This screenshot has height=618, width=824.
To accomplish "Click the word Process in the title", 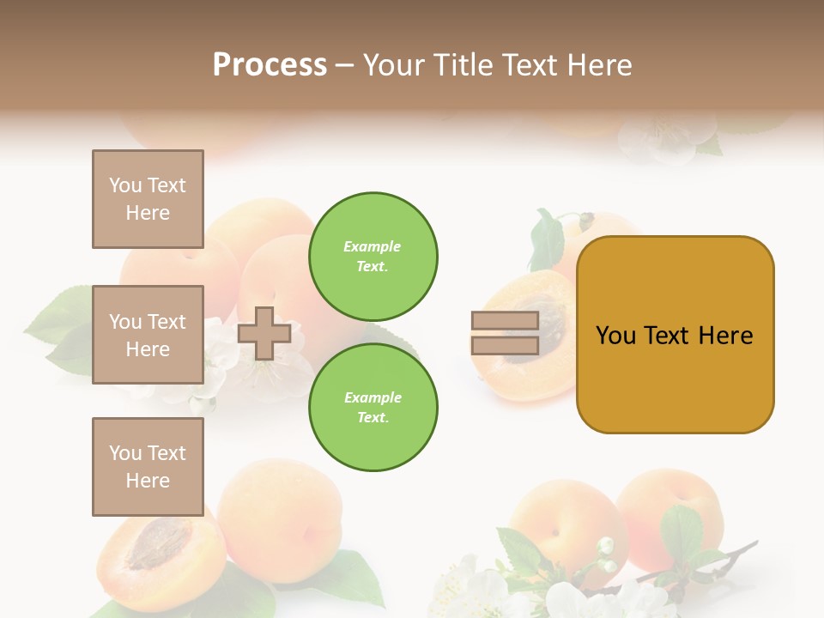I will pyautogui.click(x=270, y=65).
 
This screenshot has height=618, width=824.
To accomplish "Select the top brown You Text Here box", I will pyautogui.click(x=148, y=199).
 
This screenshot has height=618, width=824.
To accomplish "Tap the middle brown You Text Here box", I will pyautogui.click(x=148, y=335).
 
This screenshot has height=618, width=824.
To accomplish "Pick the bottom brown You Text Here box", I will pyautogui.click(x=148, y=467).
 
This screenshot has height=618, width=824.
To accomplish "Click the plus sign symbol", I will pyautogui.click(x=264, y=333).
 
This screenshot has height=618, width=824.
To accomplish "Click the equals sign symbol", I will pyautogui.click(x=505, y=333).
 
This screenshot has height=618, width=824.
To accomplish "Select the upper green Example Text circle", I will pyautogui.click(x=373, y=257).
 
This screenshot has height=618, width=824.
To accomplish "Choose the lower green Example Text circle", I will pyautogui.click(x=373, y=408).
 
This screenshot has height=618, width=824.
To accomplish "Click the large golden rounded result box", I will pyautogui.click(x=675, y=335).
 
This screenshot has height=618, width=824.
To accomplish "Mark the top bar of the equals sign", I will pyautogui.click(x=505, y=321).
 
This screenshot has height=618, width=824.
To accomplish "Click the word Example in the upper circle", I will pyautogui.click(x=373, y=247).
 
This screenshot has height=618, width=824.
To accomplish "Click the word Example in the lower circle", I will pyautogui.click(x=373, y=398).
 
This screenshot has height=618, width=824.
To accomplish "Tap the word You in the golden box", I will pyautogui.click(x=615, y=336).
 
